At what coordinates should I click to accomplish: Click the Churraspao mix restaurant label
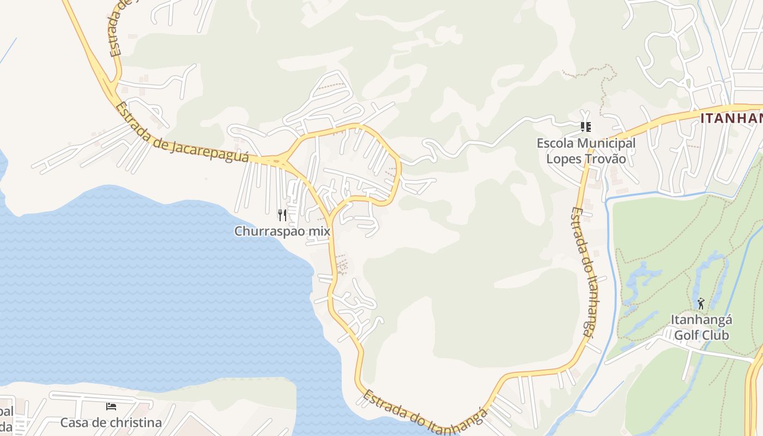click(x=282, y=231)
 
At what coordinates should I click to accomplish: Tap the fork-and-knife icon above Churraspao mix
click(x=282, y=215)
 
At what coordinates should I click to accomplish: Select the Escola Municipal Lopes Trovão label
click(x=586, y=151)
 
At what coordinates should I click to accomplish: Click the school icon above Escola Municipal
click(x=586, y=127)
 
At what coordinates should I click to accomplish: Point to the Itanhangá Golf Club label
click(x=701, y=327)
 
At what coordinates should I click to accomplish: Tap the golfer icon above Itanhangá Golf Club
click(x=701, y=304)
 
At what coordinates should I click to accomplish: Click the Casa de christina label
click(x=111, y=422)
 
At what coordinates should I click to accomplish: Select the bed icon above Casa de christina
click(x=111, y=407)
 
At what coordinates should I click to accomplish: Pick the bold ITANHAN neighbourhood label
click(x=731, y=118)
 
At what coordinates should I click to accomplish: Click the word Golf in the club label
click(x=686, y=335)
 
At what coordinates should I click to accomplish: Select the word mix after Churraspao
click(x=319, y=231)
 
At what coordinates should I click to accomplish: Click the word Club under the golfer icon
click(x=715, y=335)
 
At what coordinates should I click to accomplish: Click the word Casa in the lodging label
click(x=73, y=422)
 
